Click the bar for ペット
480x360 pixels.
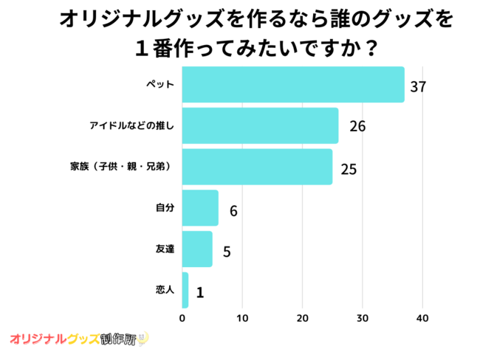pyautogui.click(x=292, y=85)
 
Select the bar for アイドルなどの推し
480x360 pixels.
pyautogui.click(x=259, y=125)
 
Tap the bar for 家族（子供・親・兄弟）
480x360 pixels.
pyautogui.click(x=256, y=167)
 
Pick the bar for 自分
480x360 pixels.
pyautogui.click(x=199, y=208)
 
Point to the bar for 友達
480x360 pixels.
pyautogui.click(x=196, y=249)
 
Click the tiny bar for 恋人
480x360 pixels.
pyautogui.click(x=185, y=290)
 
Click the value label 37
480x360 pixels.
pyautogui.click(x=418, y=86)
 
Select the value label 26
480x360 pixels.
pyautogui.click(x=357, y=127)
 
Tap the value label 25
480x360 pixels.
pyautogui.click(x=349, y=168)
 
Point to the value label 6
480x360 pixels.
pyautogui.click(x=233, y=210)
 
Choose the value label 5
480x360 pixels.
pyautogui.click(x=227, y=251)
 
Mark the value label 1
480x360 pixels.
pyautogui.click(x=199, y=292)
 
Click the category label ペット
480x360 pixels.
pyautogui.click(x=160, y=85)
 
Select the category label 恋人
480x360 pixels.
pyautogui.click(x=165, y=290)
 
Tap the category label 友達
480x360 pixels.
pyautogui.click(x=165, y=249)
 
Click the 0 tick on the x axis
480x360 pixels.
pyautogui.click(x=182, y=319)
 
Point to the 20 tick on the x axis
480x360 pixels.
pyautogui.click(x=302, y=319)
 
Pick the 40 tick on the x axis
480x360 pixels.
pyautogui.click(x=422, y=319)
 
